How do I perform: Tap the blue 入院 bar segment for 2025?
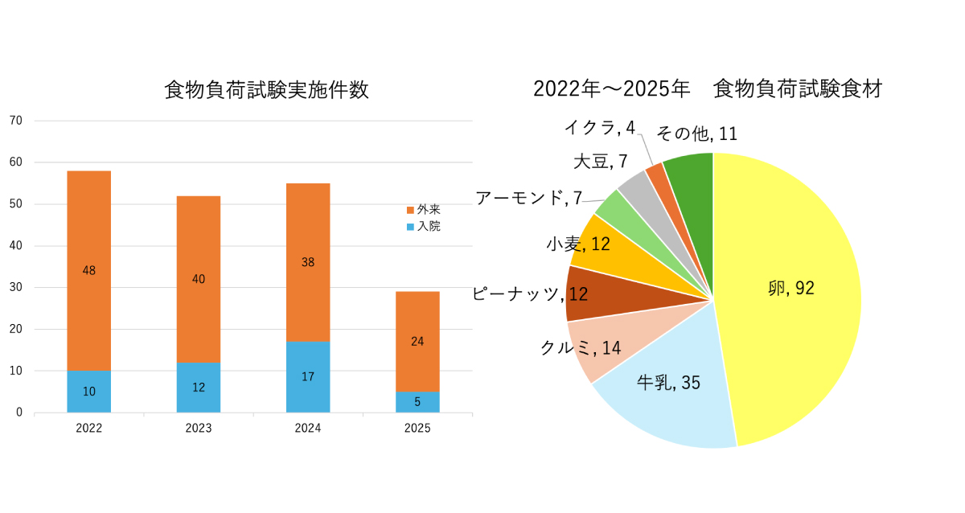[417, 402]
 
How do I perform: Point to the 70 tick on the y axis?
[16, 121]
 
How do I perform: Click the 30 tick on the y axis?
[16, 287]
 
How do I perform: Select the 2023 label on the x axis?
[199, 428]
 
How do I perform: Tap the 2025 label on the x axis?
[417, 428]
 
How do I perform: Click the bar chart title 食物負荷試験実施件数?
[266, 89]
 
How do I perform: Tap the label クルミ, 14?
[581, 348]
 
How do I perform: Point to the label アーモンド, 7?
[528, 198]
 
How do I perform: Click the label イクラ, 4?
[600, 127]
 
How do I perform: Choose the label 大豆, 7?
[600, 161]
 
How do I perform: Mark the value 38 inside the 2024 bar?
[308, 261]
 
